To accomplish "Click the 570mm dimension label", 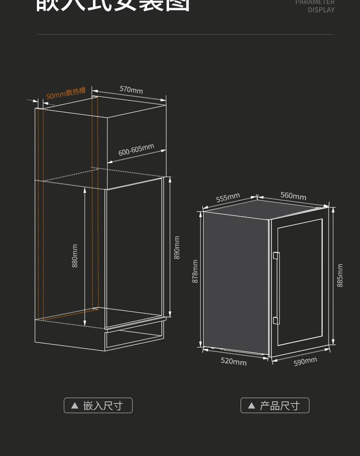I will (131, 89).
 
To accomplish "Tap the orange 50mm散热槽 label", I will (66, 93).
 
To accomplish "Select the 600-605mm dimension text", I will (136, 150).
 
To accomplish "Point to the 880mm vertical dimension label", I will (75, 256).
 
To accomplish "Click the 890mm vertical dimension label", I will (177, 248).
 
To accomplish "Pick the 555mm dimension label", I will (228, 198).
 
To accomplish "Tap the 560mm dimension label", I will (293, 196).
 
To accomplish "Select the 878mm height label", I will (195, 271).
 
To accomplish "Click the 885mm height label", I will (340, 275).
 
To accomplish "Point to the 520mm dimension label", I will (233, 361).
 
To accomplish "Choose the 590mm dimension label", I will (305, 362).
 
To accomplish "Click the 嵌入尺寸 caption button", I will (98, 405).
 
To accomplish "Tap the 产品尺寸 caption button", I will (275, 405).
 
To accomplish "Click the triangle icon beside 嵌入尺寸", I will (75, 405).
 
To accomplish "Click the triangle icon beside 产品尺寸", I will (251, 405).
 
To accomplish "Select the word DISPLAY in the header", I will (321, 10).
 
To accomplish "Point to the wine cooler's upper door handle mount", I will (275, 256).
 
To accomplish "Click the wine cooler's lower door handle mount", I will (275, 320).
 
